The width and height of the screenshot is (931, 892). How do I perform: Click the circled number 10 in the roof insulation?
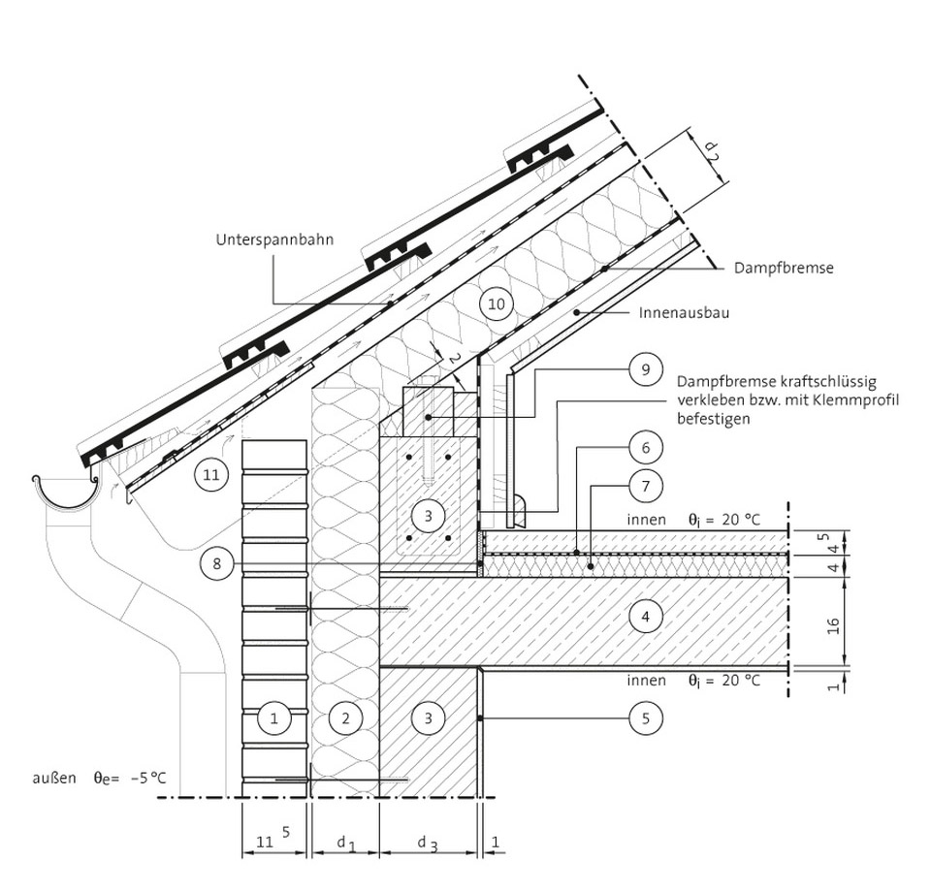coord(496,304)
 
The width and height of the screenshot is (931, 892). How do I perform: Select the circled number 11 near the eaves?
coord(210,475)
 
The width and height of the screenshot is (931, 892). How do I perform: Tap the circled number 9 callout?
coord(646,369)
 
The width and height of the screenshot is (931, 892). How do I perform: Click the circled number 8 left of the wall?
coord(216,562)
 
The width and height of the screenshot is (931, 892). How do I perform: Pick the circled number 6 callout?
coord(646,448)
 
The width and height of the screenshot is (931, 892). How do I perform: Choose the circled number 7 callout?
coord(646,486)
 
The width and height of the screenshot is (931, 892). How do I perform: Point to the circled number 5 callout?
coord(646,718)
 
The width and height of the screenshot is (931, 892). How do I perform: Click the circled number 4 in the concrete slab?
coord(646,617)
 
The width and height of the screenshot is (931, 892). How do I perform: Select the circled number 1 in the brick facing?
coord(273,718)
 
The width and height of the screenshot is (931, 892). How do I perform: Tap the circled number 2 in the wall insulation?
coord(345,718)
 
